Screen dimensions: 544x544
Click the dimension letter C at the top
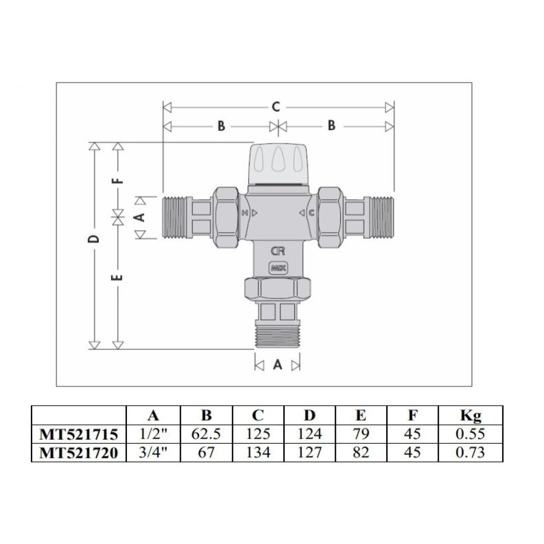276,107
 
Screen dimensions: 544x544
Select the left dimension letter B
221,126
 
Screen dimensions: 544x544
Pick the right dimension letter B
331,126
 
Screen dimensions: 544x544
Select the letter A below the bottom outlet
277,365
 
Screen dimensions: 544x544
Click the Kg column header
471,415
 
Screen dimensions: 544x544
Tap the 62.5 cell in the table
206,434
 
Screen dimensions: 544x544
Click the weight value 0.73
471,452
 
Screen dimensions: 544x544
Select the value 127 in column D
310,452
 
